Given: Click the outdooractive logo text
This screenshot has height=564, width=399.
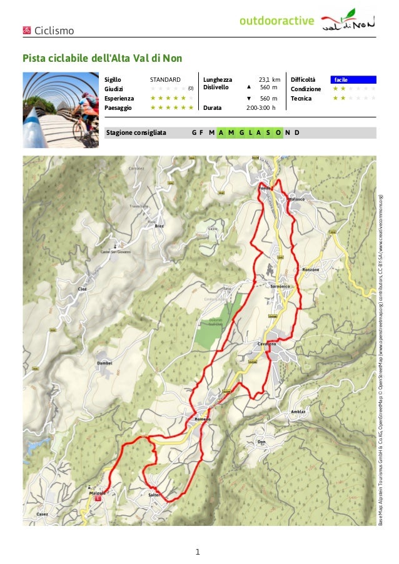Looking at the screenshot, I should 276,22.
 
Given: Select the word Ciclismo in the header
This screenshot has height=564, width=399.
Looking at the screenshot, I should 54,31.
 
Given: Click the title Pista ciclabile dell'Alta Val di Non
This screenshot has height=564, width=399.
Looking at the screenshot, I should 102,59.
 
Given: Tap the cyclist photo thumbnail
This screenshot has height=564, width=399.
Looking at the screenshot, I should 61,110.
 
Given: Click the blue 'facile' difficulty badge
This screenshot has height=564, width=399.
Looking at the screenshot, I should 353,80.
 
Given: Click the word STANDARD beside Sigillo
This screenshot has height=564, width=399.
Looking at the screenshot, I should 165,80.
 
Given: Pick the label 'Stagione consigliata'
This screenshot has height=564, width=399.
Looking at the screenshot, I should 136,132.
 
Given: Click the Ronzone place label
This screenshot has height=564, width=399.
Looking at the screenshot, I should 311,269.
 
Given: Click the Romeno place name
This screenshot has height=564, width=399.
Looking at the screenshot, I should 203,418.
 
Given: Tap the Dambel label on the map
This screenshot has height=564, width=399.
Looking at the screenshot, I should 104,362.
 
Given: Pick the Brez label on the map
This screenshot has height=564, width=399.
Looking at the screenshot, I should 159,225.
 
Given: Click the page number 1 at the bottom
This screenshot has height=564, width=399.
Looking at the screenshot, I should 198,552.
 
